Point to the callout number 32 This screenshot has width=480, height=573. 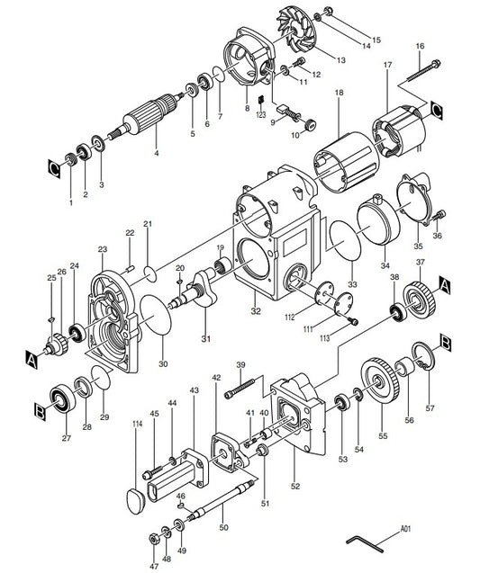(256, 311)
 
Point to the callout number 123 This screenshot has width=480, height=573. (260, 116)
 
